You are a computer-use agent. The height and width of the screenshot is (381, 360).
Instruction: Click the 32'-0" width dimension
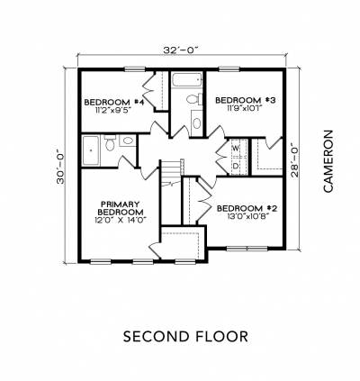coord(181,50)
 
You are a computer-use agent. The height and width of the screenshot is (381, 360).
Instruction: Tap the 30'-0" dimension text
coord(60,167)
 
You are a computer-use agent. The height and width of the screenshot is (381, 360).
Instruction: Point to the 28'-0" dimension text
coord(296,161)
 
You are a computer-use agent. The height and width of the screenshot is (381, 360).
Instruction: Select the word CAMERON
coord(328,161)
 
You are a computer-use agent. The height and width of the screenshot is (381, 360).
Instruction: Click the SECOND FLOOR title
coord(185,336)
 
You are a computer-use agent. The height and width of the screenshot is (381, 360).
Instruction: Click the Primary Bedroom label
coord(121,208)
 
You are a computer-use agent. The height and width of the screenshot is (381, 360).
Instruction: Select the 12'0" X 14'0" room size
coord(120,220)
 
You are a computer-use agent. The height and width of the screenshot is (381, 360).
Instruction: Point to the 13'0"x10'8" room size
coord(247,216)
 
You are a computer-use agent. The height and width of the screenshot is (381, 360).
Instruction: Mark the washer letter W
coord(236,148)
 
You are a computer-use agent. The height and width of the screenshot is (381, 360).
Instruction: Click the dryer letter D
coord(236,166)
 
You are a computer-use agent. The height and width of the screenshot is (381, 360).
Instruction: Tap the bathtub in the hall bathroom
coord(186,79)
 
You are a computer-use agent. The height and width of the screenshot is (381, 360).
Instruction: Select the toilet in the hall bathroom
coord(194,99)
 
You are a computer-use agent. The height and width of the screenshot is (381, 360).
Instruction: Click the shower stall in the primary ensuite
coord(91,150)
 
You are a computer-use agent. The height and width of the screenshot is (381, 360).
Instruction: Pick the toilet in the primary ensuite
coord(110,142)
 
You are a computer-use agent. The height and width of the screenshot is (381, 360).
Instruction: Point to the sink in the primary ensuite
coord(128,141)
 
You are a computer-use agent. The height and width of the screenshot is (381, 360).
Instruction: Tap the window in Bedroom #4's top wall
coord(135,69)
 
